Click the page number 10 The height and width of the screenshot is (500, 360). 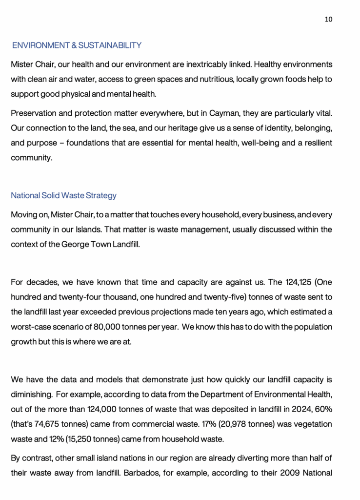click(x=328, y=19)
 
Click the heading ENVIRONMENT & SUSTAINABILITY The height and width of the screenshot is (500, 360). click(x=77, y=45)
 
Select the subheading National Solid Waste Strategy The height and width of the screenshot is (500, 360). click(x=64, y=195)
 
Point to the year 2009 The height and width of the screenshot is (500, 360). click(x=289, y=473)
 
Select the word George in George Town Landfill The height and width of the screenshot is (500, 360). click(x=75, y=244)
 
